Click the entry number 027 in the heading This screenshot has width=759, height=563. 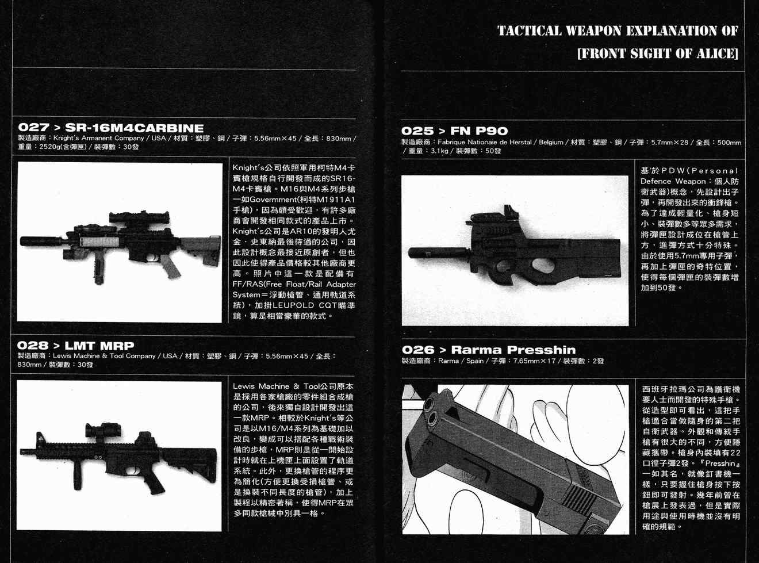[x=34, y=128]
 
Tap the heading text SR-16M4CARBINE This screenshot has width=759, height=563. [x=135, y=128]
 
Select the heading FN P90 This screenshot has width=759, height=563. [x=479, y=131]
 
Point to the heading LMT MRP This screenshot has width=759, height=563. [x=99, y=346]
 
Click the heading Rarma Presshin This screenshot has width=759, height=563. [x=513, y=350]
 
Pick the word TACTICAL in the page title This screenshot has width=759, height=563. [x=530, y=31]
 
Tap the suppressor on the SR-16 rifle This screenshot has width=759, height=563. [x=40, y=241]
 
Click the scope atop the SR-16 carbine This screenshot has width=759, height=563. [x=139, y=219]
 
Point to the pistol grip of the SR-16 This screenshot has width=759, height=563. [x=170, y=267]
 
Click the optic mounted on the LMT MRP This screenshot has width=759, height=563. [x=103, y=431]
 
